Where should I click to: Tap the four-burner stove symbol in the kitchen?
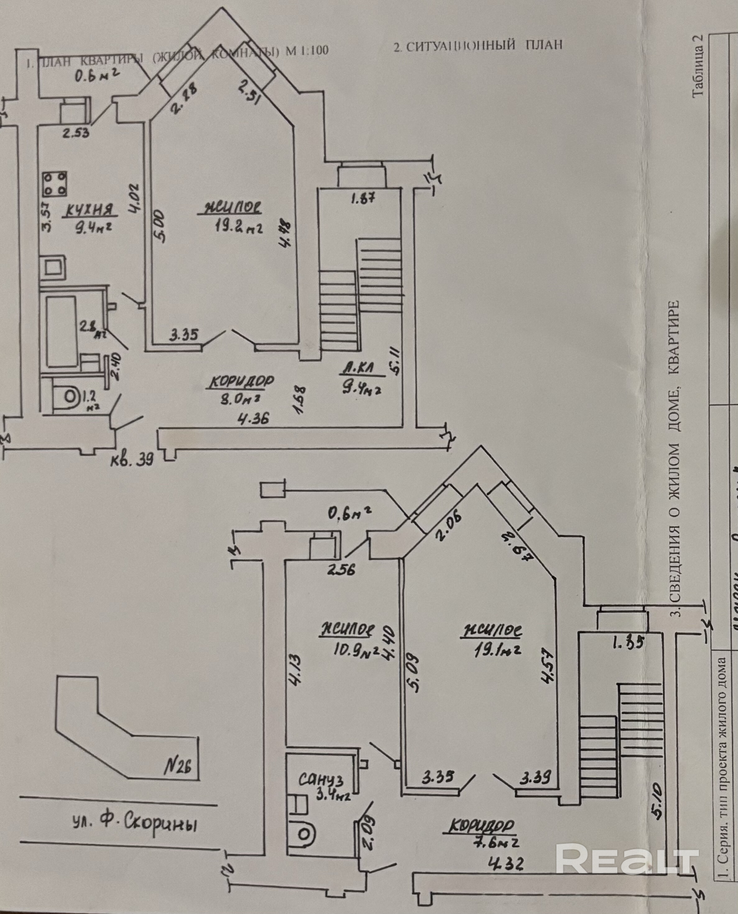(x=55, y=184)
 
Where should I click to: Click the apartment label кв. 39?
(x=132, y=459)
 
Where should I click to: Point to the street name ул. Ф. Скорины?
(x=135, y=823)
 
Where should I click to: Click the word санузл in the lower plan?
(x=321, y=780)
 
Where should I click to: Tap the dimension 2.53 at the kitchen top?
(x=76, y=133)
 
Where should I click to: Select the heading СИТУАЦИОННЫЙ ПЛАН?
(x=478, y=45)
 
